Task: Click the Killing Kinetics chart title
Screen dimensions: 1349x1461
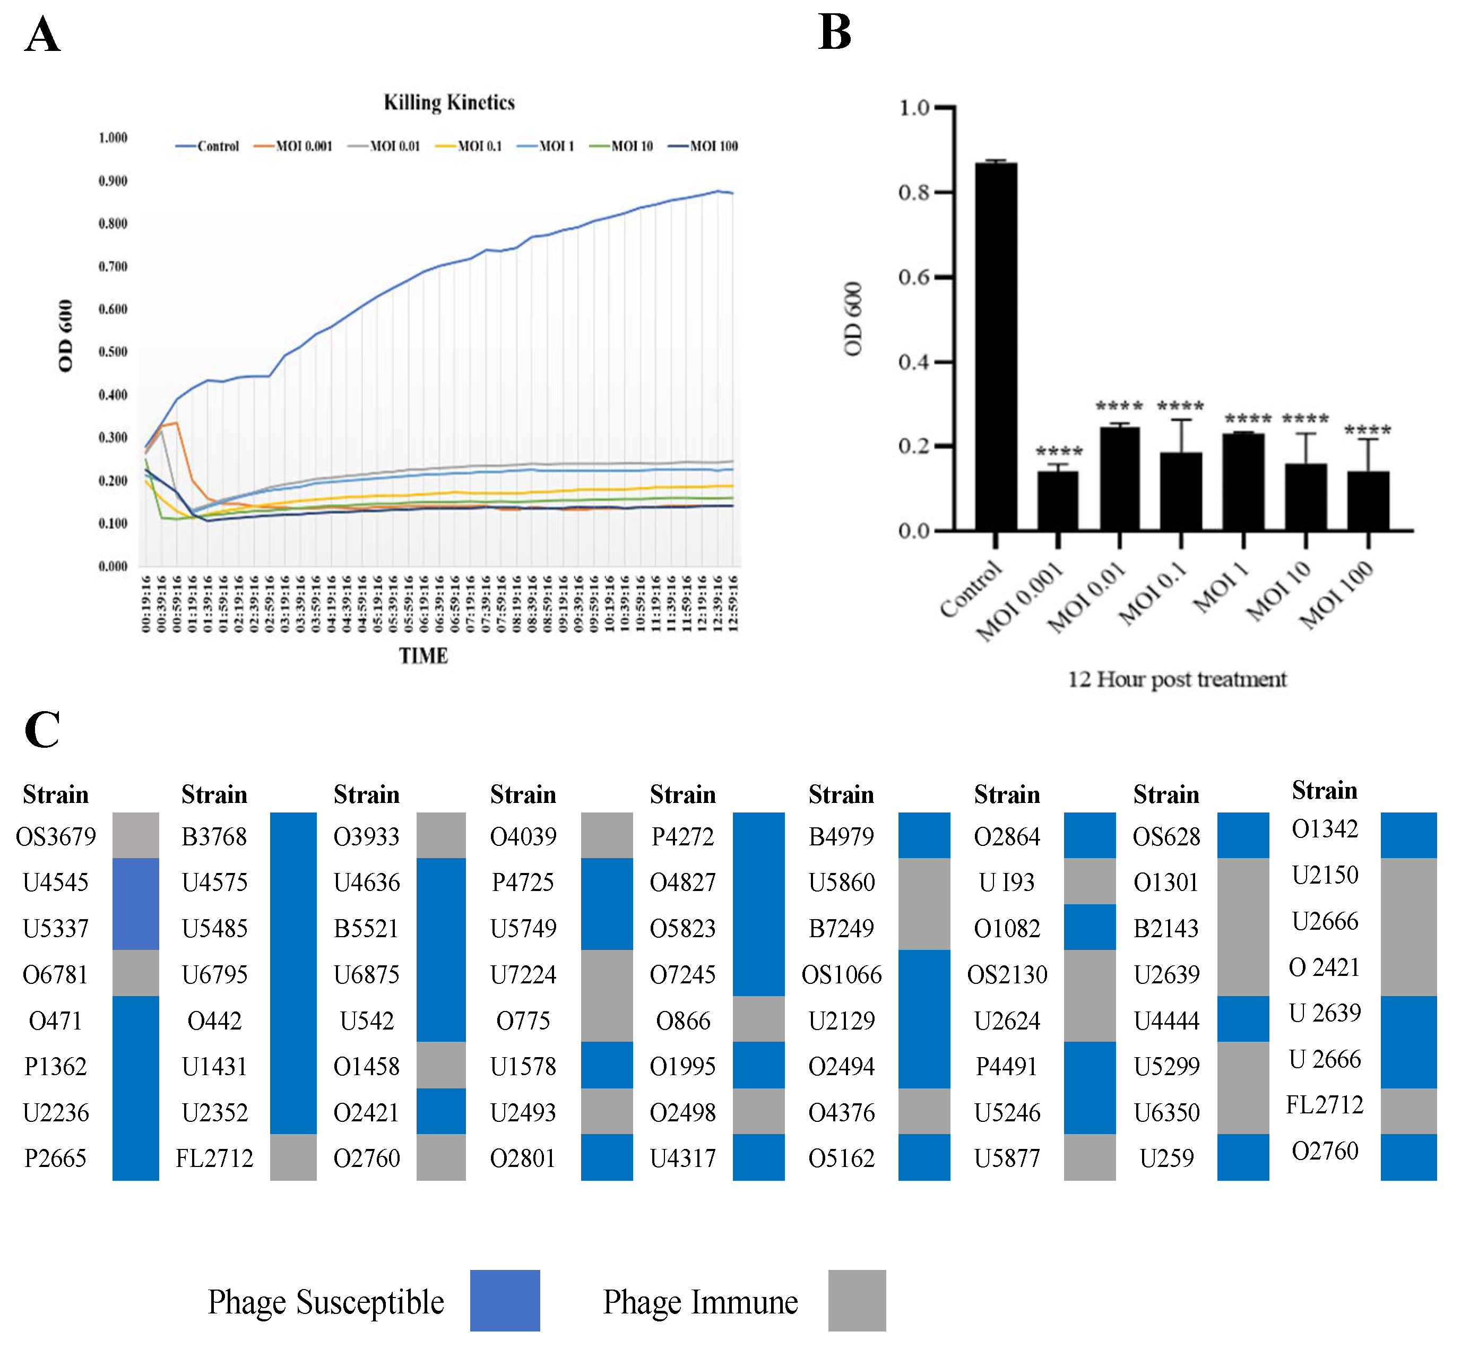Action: point(449,102)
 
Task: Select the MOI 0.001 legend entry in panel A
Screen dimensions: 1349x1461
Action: point(293,146)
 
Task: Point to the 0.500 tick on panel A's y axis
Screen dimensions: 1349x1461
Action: point(113,352)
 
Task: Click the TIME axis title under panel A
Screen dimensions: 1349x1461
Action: point(423,655)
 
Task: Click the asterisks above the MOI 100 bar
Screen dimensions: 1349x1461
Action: point(1368,430)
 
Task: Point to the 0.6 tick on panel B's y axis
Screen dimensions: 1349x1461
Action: point(914,278)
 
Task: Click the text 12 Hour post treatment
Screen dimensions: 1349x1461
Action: point(1177,680)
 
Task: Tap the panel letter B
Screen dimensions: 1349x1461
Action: point(835,33)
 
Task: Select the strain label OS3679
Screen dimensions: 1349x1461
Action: point(56,836)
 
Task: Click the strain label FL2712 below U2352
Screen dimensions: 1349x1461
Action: point(214,1158)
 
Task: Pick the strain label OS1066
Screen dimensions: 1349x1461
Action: point(841,974)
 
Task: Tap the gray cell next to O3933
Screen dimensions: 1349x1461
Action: point(441,836)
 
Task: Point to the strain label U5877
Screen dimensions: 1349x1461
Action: point(1007,1158)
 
